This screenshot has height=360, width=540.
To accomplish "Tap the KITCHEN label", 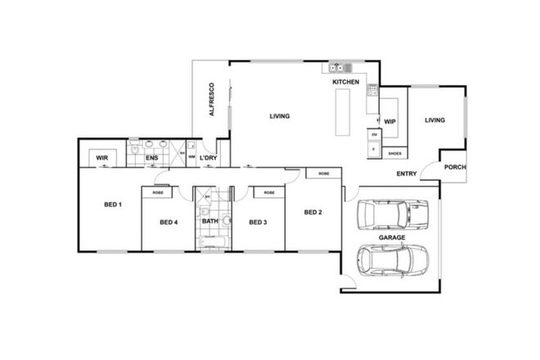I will pos(345,83).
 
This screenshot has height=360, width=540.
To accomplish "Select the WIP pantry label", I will pos(389,120).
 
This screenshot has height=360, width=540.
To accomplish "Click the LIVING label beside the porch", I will pos(434,120).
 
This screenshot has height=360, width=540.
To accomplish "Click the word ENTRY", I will pos(407,173).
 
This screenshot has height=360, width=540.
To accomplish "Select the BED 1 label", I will pos(113,204).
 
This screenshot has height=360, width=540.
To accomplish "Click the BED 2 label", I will pos(313,213).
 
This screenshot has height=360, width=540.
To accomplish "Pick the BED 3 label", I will pos(258,222).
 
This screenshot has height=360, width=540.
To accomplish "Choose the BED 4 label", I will pos(169,222).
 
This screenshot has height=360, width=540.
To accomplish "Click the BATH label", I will pos(210,221).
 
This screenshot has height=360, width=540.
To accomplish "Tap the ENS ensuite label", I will pos(152,157).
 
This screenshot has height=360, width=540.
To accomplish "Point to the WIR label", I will pos(102,157).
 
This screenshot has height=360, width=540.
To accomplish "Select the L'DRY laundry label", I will pos(208,157).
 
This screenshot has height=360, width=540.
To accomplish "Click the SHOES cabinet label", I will pos(394,153).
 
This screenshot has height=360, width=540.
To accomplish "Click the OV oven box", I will pos(375,134).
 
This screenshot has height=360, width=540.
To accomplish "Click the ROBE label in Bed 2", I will pos(324,173).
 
